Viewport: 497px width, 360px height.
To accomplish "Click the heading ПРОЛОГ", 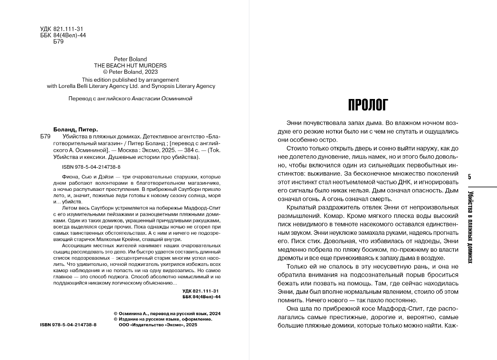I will tap(368, 105).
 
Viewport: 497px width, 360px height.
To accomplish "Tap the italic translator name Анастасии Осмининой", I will tap(162, 99).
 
